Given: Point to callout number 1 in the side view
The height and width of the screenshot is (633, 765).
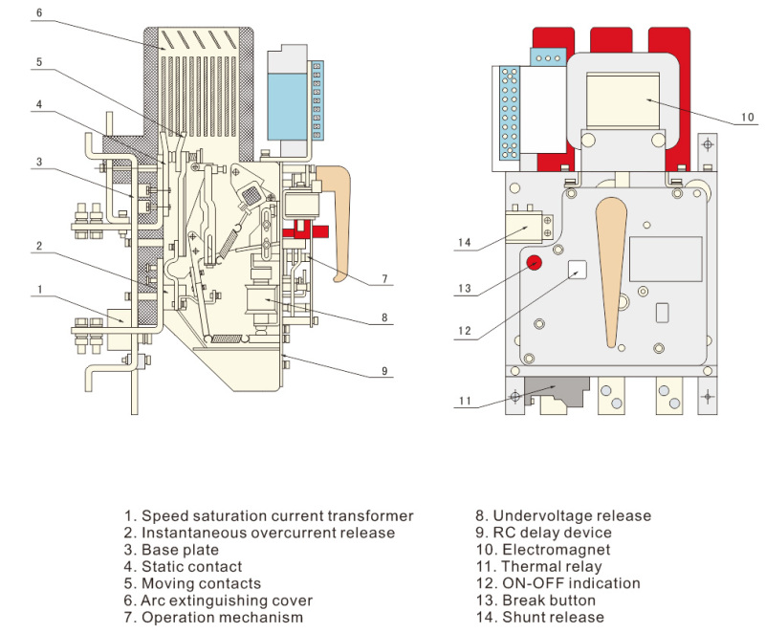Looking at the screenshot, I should point(39,287).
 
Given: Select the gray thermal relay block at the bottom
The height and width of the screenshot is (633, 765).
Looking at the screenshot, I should point(557,391).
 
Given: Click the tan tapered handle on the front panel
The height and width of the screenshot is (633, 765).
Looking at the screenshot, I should point(609,268).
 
